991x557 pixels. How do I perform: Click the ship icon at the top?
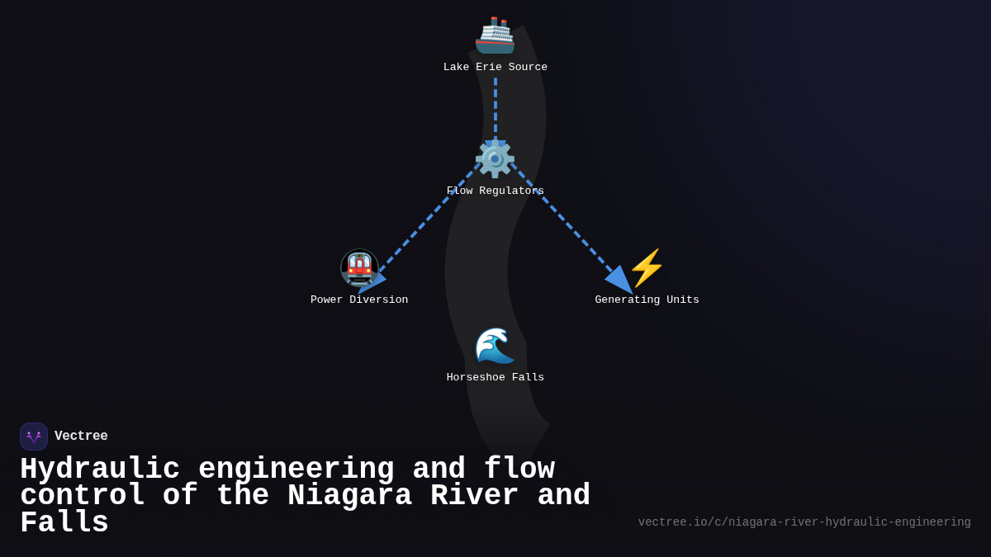point(495,35)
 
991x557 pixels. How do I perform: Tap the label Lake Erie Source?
point(495,68)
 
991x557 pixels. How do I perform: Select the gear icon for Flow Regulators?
point(495,158)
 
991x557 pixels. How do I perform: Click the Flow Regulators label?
point(495,191)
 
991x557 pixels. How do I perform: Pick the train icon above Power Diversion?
point(359,267)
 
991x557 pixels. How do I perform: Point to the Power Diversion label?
point(359,300)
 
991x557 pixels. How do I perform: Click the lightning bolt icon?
point(647,267)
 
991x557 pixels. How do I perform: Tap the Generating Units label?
point(647,300)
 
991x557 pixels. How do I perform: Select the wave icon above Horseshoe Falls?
point(495,345)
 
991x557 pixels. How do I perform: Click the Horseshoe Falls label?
point(495,378)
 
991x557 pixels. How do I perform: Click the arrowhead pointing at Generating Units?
point(620,281)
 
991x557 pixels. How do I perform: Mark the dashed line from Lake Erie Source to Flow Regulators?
point(495,107)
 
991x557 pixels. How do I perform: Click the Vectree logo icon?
point(34,437)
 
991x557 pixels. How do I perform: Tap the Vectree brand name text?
point(81,437)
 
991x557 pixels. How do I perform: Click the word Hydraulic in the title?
point(100,470)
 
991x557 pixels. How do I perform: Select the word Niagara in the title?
point(349,496)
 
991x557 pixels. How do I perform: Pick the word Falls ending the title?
point(64,523)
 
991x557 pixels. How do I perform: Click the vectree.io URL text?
point(804,522)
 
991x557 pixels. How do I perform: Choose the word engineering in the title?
point(296,470)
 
